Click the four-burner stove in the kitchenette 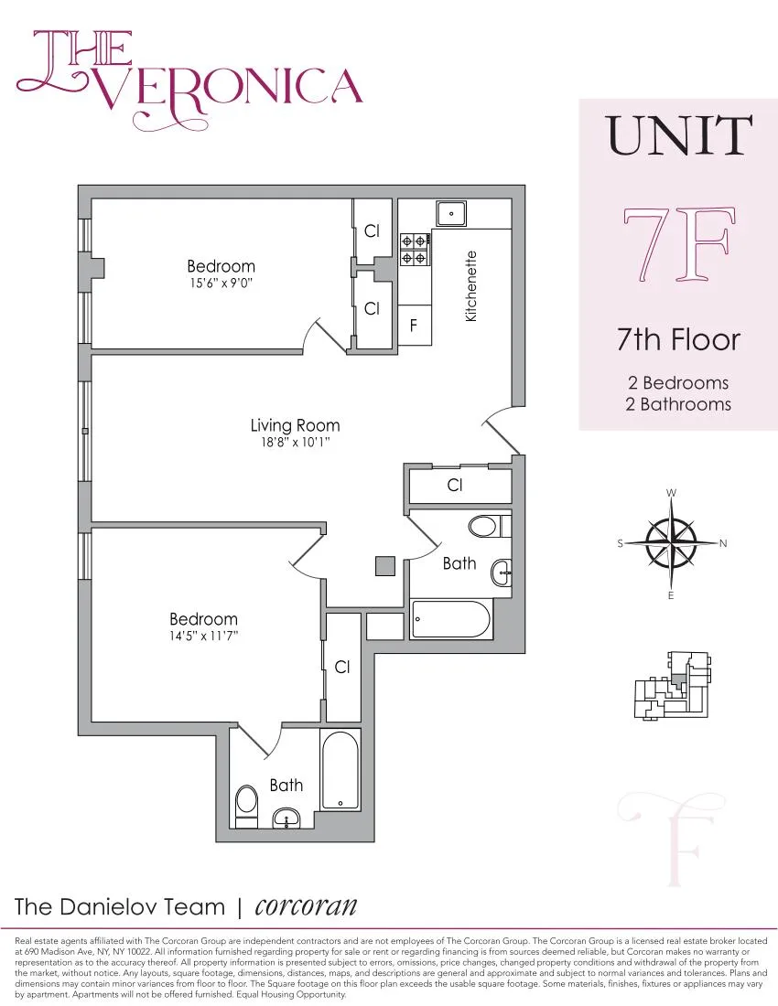[x=414, y=250]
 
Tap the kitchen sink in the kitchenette [x=451, y=214]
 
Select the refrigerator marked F [x=414, y=325]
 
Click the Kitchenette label [x=471, y=285]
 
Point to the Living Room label [x=295, y=425]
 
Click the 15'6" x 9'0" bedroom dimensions [x=221, y=284]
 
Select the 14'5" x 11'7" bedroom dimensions [x=203, y=637]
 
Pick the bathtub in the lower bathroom [x=341, y=769]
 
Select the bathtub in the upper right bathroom [x=451, y=619]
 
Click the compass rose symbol [x=671, y=543]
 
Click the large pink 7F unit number [x=677, y=244]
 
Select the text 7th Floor [x=678, y=340]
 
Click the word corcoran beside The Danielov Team [x=306, y=905]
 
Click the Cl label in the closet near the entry [x=455, y=486]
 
